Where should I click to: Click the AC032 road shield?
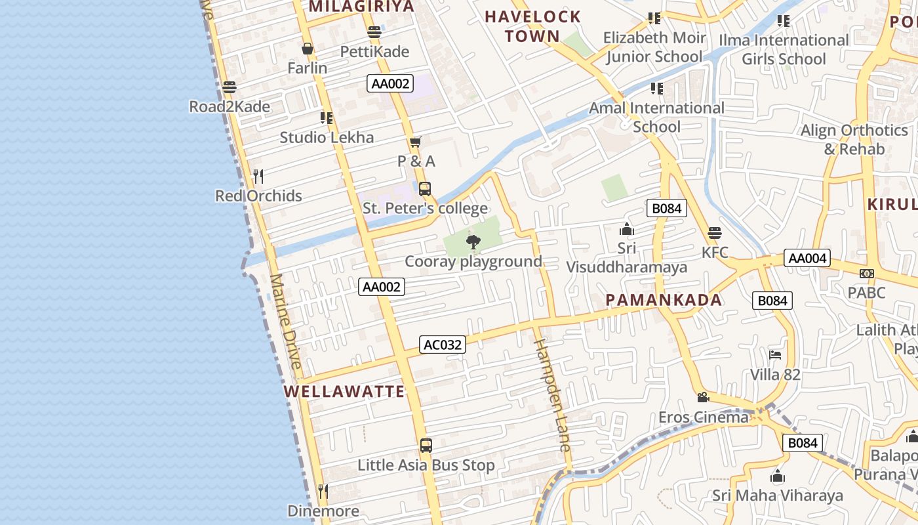(x=443, y=345)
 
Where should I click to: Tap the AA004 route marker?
(x=807, y=258)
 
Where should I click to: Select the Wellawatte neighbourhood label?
(x=344, y=392)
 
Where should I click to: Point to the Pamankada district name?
(x=664, y=301)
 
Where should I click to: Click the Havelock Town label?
(x=533, y=26)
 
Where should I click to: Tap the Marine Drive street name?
(x=286, y=322)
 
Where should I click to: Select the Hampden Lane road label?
(x=551, y=395)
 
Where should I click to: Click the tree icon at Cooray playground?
(x=473, y=243)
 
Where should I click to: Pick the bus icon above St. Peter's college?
(x=425, y=189)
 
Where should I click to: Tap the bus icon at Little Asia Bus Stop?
(x=426, y=446)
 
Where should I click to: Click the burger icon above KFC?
(x=715, y=233)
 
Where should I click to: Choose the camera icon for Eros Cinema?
(x=703, y=398)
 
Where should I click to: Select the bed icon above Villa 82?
(x=775, y=355)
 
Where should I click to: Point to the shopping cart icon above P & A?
(x=415, y=142)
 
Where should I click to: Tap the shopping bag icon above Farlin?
(x=308, y=49)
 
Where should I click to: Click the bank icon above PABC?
(x=867, y=273)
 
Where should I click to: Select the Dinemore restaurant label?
(x=323, y=511)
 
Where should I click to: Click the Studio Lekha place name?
(x=327, y=137)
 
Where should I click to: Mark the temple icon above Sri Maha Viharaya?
(x=778, y=476)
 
